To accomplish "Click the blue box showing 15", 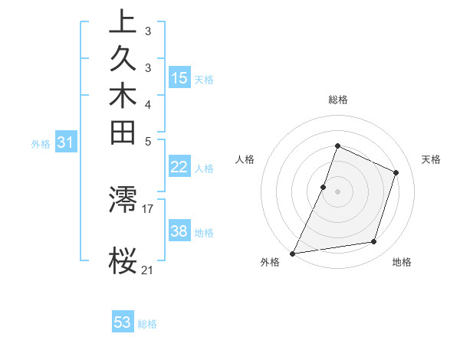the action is [179, 77].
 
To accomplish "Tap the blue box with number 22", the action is [179, 167].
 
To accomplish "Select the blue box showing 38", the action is [179, 231].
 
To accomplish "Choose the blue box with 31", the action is [66, 142].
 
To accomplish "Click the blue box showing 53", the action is [123, 322].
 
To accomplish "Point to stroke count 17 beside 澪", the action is [148, 208].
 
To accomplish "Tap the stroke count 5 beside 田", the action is [148, 141].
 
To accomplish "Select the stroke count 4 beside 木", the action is [148, 104].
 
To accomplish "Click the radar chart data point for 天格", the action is [396, 172].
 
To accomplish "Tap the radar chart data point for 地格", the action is [374, 242].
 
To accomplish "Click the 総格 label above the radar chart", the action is [337, 100].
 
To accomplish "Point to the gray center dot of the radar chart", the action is [337, 191].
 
